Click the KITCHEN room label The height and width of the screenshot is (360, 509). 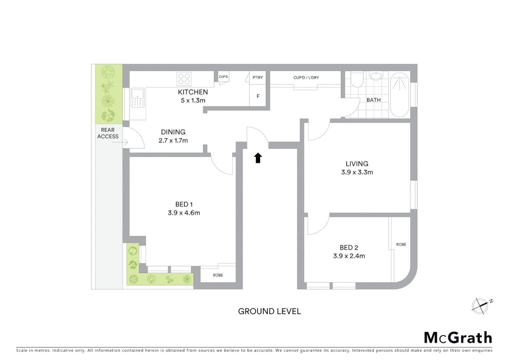click(193, 92)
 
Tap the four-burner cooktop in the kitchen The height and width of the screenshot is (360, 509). click(184, 79)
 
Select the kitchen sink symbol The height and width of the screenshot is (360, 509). click(138, 97)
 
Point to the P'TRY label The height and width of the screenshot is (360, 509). click(257, 77)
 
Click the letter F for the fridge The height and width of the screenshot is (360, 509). click(258, 96)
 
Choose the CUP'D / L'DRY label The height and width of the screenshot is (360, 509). click(306, 78)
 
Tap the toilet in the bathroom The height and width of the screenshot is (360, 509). click(357, 79)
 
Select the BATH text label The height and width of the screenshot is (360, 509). click(373, 100)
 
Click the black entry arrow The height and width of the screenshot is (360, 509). click(258, 158)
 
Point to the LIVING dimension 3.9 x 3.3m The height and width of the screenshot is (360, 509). click(357, 172)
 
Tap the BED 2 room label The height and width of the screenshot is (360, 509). click(349, 248)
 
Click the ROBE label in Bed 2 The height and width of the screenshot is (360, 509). click(401, 244)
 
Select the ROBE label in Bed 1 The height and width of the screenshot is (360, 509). click(218, 275)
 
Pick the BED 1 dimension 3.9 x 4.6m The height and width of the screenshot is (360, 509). click(184, 213)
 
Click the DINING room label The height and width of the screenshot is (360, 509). click(173, 132)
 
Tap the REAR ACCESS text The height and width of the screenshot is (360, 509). click(108, 133)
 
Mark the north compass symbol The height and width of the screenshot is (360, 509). click(480, 306)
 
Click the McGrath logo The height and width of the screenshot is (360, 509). click(458, 338)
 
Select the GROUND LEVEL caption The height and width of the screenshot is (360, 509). click(269, 311)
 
